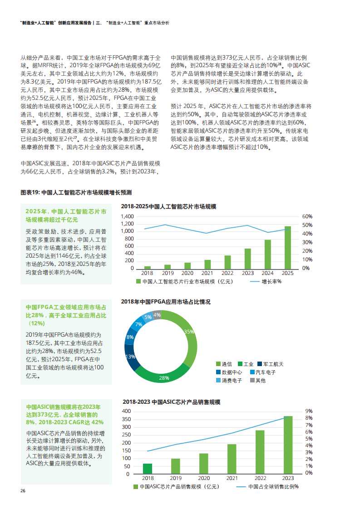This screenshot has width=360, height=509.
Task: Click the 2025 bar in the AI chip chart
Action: click(x=288, y=247)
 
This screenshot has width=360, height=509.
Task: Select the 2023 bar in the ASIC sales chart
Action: click(x=288, y=445)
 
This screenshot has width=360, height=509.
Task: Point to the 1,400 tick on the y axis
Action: click(x=128, y=216)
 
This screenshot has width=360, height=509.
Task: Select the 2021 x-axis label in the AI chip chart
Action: click(x=207, y=273)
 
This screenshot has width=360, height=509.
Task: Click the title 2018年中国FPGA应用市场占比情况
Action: click(x=166, y=302)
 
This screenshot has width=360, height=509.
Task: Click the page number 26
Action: click(x=23, y=491)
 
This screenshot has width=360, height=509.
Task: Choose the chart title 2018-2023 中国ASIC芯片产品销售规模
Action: click(x=171, y=402)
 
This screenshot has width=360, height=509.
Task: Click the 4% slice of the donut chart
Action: click(x=157, y=314)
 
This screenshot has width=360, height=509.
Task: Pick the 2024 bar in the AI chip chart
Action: click(x=267, y=254)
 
